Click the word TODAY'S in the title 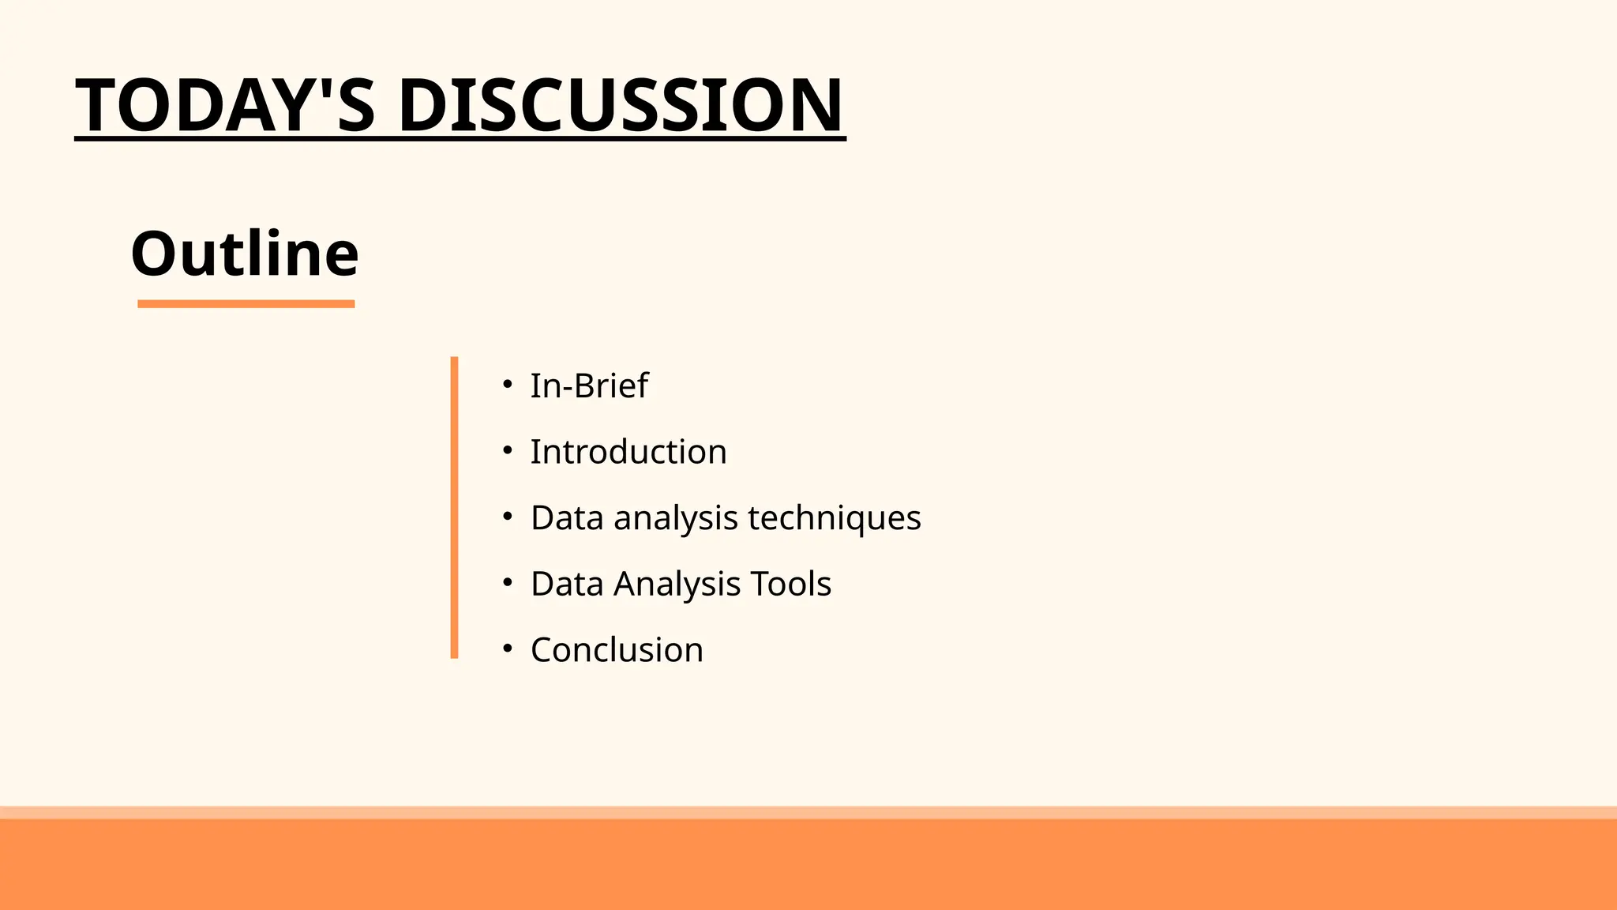tap(225, 105)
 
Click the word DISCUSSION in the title tap(621, 105)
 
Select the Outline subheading tap(245, 254)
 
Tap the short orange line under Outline tap(246, 304)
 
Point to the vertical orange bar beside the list tap(454, 507)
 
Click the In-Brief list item tap(589, 386)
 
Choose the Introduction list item tap(628, 452)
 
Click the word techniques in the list tap(834, 518)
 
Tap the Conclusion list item tap(617, 650)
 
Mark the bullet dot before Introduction tap(508, 451)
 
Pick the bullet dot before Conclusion tap(508, 649)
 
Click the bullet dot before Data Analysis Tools tap(508, 583)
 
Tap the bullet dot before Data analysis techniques tap(508, 517)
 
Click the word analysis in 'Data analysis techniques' tap(676, 518)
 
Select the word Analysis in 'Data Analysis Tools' tap(677, 584)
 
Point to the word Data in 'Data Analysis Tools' tap(567, 584)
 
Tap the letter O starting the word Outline tap(153, 254)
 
